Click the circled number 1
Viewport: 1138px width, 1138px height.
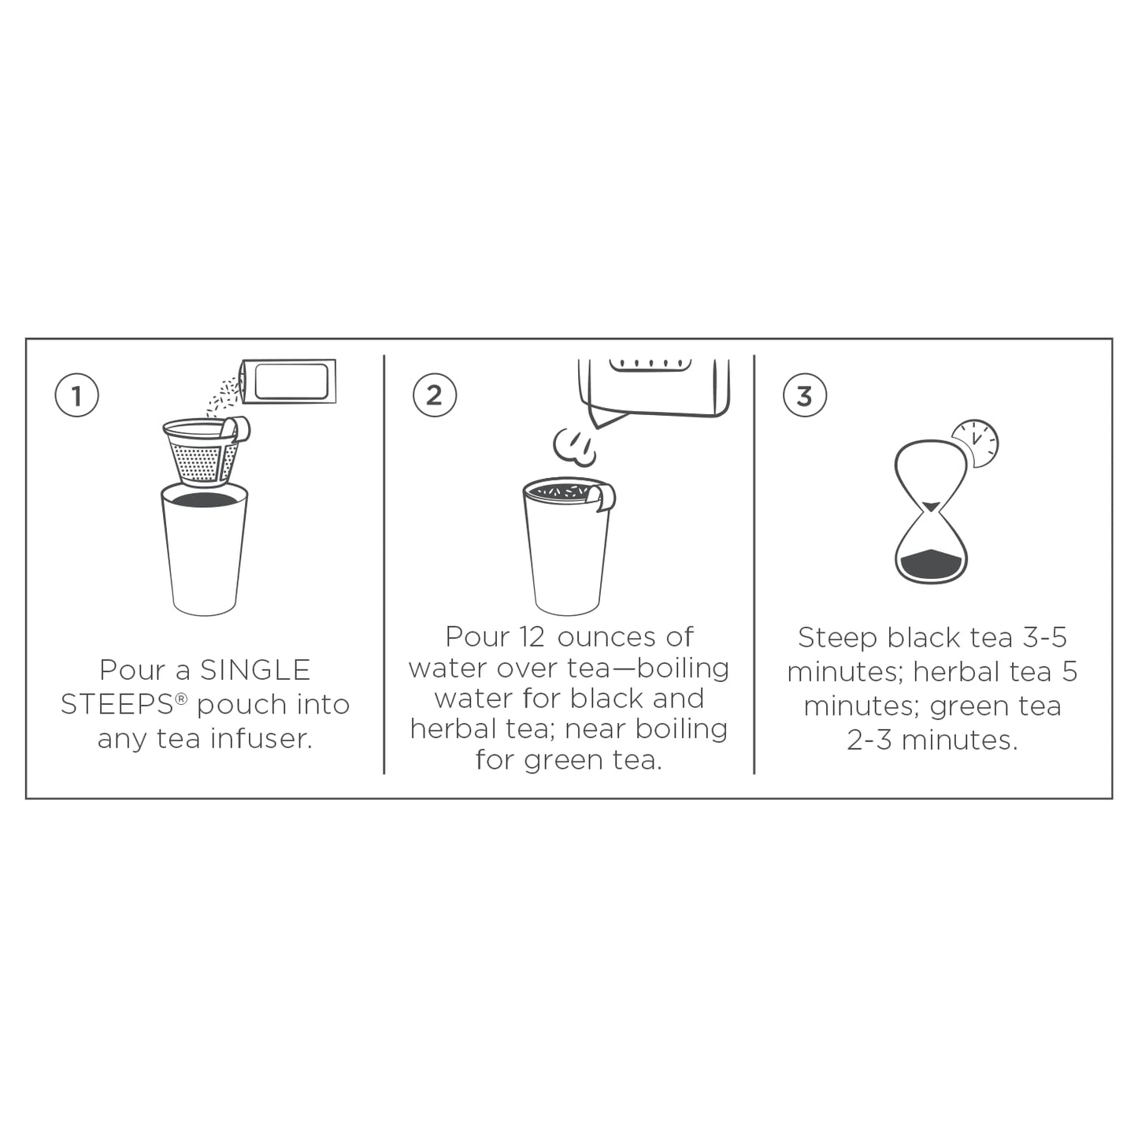pos(76,395)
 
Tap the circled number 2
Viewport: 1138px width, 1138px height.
pos(435,395)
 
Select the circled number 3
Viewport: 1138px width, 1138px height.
pos(804,395)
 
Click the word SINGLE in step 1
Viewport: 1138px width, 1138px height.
pos(255,670)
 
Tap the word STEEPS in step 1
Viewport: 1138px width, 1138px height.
pos(117,705)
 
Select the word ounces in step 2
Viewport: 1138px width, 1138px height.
pos(606,636)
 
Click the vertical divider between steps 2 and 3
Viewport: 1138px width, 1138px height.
pos(754,565)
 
